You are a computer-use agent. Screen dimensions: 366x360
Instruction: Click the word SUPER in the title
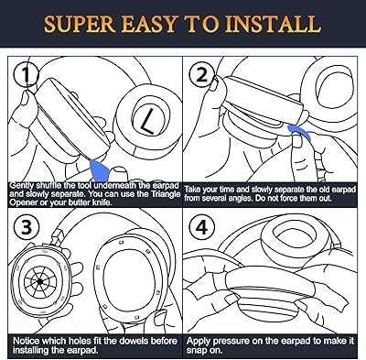pos(80,24)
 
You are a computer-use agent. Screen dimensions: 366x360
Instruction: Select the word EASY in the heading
pos(150,24)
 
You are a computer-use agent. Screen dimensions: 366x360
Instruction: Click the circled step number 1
pos(27,75)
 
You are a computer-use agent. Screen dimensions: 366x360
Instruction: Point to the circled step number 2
pos(201,75)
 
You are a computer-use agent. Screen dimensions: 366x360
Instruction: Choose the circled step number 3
pos(27,227)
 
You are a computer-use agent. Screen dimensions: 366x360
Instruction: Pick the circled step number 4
pos(201,227)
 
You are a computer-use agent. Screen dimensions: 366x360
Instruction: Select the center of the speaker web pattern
pos(39,281)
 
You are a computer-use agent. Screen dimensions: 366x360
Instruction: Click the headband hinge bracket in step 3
pos(56,237)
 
